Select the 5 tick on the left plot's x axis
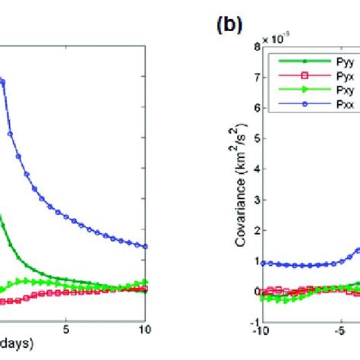click(67, 330)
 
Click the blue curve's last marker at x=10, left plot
click(145, 246)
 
